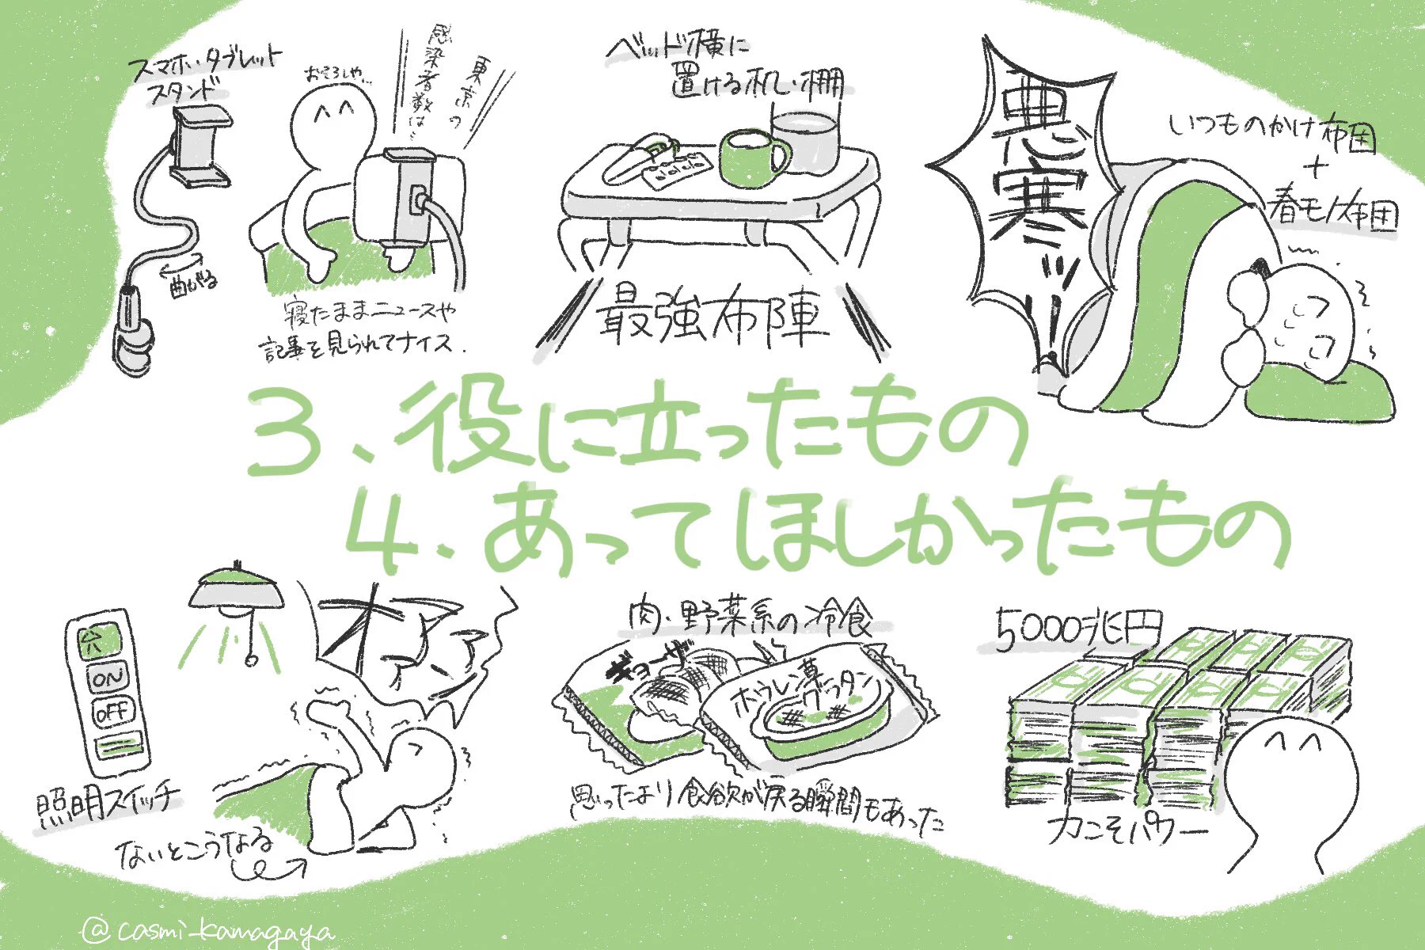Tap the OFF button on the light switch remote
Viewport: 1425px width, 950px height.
coord(113,712)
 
